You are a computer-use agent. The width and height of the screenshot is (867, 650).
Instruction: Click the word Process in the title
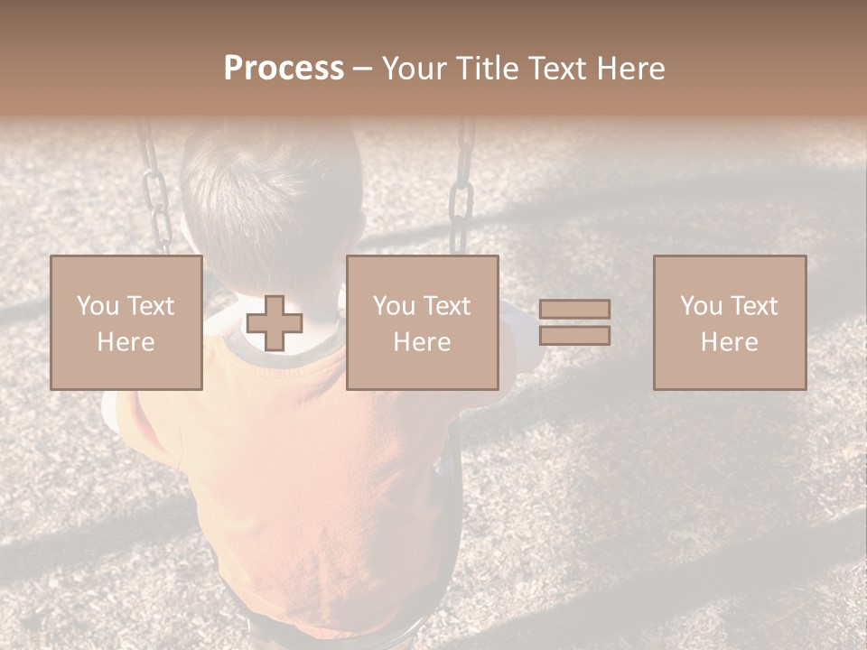pos(284,69)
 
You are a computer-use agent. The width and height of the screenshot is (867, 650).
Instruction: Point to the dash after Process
pos(362,70)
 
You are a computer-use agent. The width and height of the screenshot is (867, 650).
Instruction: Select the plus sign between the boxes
pos(275,322)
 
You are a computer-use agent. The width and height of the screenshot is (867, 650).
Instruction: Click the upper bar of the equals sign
pos(574,309)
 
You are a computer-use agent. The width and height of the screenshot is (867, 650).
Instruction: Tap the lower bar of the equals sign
pos(574,336)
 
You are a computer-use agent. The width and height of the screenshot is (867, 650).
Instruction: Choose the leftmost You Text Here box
pos(126,322)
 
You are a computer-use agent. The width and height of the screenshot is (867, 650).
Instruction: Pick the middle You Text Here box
pos(422,322)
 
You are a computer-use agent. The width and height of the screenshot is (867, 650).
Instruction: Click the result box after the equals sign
pos(730,322)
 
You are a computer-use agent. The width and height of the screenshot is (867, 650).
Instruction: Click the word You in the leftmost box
pos(96,305)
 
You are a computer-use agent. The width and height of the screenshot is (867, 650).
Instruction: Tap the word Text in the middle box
pos(446,305)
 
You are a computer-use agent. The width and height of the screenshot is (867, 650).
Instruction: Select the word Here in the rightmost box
pos(730,341)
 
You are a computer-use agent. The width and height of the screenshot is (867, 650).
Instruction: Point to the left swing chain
pos(155,190)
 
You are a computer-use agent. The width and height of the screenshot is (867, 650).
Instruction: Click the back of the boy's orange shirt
pos(307,469)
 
